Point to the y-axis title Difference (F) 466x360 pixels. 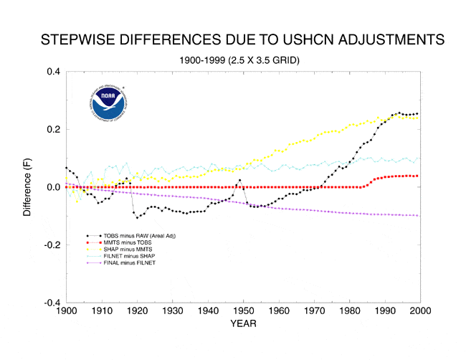[27, 186]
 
